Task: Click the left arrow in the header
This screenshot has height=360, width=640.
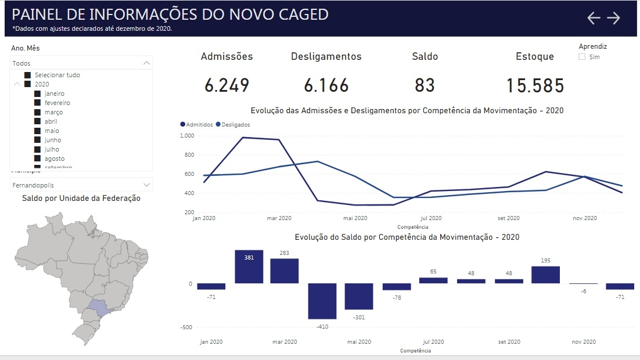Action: (x=594, y=18)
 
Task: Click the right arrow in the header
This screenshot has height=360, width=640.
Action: (x=614, y=18)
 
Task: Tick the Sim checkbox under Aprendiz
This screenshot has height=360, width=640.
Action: (x=582, y=57)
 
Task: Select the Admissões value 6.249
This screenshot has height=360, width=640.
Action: (x=226, y=85)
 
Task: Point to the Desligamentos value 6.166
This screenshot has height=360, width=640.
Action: (x=326, y=85)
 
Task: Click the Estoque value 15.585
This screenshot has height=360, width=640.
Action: (x=534, y=85)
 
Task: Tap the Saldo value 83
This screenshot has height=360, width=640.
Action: (x=425, y=85)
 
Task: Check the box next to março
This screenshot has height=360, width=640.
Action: (x=37, y=112)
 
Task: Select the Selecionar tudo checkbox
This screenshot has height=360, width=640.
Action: (x=27, y=75)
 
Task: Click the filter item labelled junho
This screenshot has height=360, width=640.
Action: (x=52, y=140)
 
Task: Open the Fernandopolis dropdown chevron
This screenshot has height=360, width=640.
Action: (x=146, y=185)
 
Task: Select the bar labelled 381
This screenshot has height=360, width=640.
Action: (x=249, y=267)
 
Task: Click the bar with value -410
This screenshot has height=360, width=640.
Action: (x=322, y=301)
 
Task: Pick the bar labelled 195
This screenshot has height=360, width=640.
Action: (x=545, y=275)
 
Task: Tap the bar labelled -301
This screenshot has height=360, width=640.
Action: (x=359, y=296)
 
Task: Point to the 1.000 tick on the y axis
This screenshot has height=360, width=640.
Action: (x=186, y=136)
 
